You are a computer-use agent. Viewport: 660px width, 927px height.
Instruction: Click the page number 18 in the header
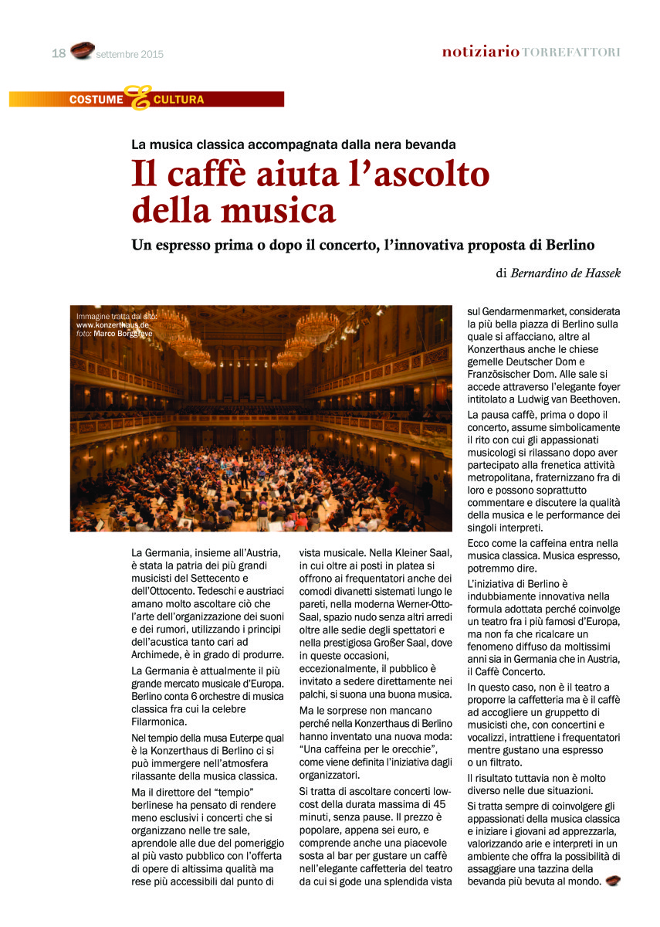[x=59, y=53]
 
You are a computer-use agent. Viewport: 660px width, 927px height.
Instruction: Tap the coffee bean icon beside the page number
[x=82, y=51]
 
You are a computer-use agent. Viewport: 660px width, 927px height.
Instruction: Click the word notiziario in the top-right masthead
[x=480, y=52]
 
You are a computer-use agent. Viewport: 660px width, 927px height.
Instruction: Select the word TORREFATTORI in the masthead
[x=570, y=52]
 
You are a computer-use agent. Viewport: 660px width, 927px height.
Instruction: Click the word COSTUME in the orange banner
[x=96, y=100]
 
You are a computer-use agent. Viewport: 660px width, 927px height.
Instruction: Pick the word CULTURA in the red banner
[x=178, y=100]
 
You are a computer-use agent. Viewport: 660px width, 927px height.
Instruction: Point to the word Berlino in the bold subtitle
[x=567, y=245]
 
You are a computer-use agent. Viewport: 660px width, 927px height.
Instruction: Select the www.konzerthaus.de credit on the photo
[x=113, y=325]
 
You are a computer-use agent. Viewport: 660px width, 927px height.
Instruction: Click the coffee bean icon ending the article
[x=612, y=881]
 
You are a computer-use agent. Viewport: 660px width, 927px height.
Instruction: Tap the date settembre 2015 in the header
[x=130, y=54]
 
